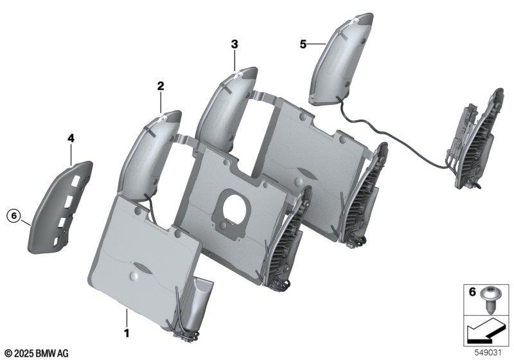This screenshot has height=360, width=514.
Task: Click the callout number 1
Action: click(x=126, y=333)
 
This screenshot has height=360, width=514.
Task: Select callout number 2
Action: click(x=160, y=86)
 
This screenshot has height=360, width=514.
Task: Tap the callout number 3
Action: click(x=235, y=44)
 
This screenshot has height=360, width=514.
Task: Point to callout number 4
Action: click(x=71, y=138)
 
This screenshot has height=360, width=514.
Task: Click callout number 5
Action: click(x=303, y=44)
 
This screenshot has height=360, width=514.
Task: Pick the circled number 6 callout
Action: click(x=13, y=216)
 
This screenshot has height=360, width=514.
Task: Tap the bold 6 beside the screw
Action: click(x=472, y=291)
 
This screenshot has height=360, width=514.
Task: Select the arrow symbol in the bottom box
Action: click(x=485, y=331)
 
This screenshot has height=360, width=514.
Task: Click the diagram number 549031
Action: click(x=488, y=353)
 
